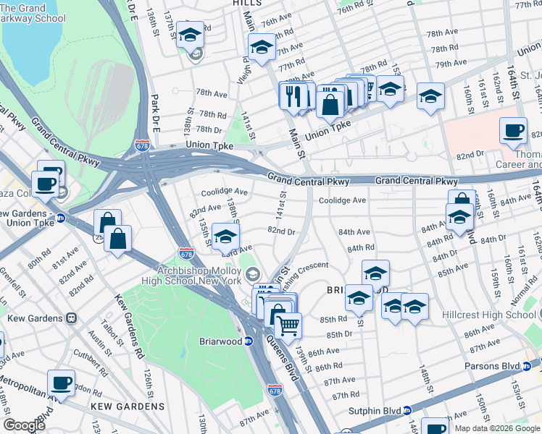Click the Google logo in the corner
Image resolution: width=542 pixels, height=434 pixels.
coord(25,425)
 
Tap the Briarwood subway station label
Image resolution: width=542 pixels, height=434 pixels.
coord(222,341)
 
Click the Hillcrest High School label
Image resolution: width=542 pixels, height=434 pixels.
coord(491,315)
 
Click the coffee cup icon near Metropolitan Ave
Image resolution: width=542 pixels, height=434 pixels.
coord(61,383)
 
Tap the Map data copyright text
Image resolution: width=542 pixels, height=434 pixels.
coord(497,428)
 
